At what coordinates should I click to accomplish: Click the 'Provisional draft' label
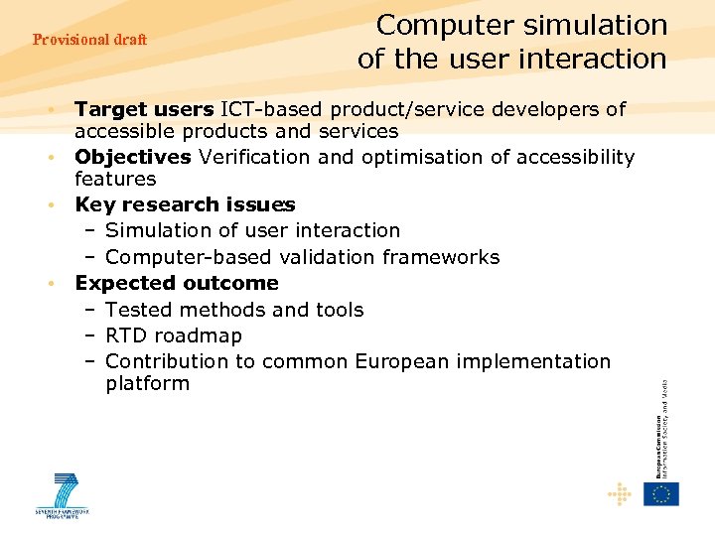(89, 40)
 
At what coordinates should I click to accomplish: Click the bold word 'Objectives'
(133, 157)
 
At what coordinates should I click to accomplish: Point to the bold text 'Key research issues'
(185, 204)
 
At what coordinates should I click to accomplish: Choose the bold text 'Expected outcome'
(177, 283)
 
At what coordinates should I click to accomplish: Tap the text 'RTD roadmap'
(173, 335)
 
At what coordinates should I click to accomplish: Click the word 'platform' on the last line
(147, 384)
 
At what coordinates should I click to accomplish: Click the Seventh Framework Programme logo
(63, 495)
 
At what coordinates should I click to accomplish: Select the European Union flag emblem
(661, 493)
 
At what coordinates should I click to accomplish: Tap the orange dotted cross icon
(619, 493)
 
